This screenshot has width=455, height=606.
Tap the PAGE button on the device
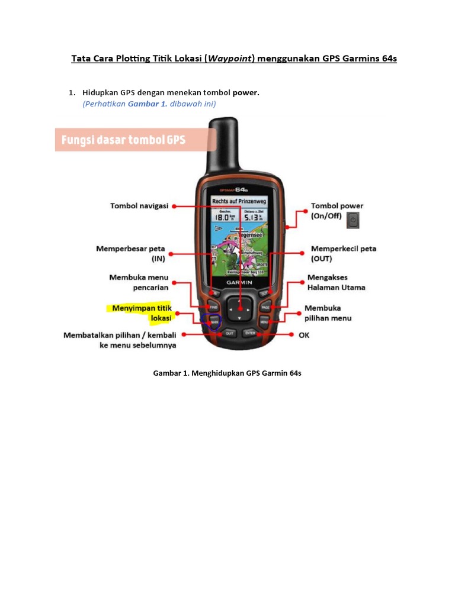click(x=265, y=308)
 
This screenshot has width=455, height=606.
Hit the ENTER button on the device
click(x=249, y=334)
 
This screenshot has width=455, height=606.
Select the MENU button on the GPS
click(x=264, y=321)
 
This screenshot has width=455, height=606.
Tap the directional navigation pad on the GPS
click(x=240, y=308)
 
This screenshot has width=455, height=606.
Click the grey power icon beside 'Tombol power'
click(x=354, y=220)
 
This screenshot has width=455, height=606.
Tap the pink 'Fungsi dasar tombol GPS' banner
click(x=124, y=140)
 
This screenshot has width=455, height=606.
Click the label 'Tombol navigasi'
click(x=139, y=206)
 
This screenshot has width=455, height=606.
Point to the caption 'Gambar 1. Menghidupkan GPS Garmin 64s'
click(x=227, y=374)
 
